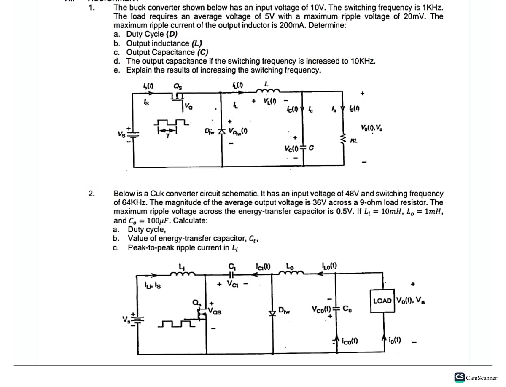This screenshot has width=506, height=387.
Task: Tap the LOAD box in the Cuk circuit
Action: click(x=382, y=300)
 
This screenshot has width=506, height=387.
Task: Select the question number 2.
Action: click(x=92, y=193)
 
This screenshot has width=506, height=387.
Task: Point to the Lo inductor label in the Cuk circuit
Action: click(x=290, y=266)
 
